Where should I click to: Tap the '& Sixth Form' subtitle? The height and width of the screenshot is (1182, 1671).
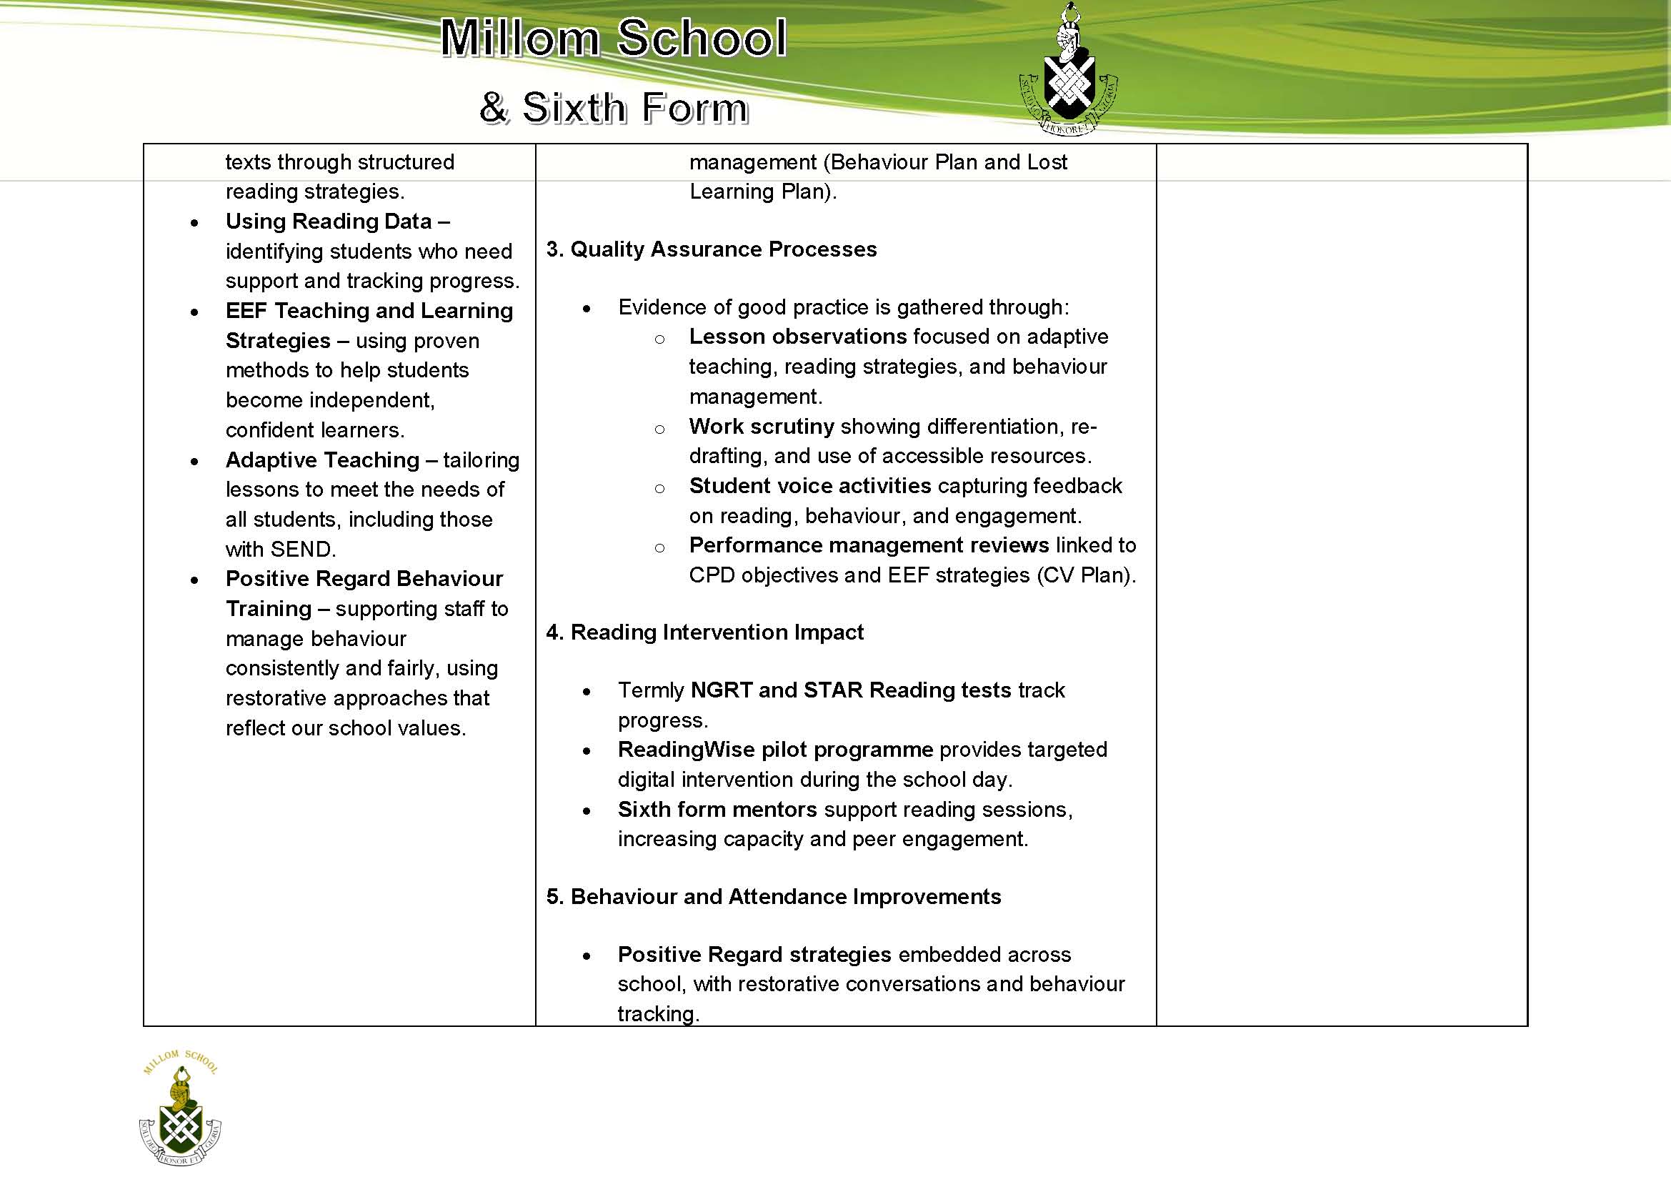pyautogui.click(x=614, y=108)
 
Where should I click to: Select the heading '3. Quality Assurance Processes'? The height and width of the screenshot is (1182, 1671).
pyautogui.click(x=711, y=249)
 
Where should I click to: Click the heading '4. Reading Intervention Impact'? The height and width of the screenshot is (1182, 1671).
pyautogui.click(x=704, y=632)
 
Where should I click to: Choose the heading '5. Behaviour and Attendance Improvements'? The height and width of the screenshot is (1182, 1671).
pyautogui.click(x=774, y=897)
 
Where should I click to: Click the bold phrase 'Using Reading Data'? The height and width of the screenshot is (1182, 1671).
pyautogui.click(x=329, y=222)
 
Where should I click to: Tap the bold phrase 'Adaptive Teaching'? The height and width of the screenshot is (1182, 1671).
pyautogui.click(x=322, y=460)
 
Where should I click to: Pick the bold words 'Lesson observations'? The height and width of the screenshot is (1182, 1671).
pyautogui.click(x=798, y=337)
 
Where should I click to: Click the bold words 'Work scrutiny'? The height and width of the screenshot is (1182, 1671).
pyautogui.click(x=762, y=427)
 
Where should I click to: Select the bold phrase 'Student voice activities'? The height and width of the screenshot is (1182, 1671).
pyautogui.click(x=810, y=486)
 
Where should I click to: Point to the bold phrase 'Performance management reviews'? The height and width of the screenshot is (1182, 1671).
pyautogui.click(x=869, y=546)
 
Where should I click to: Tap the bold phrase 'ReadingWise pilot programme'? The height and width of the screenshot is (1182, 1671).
pyautogui.click(x=775, y=750)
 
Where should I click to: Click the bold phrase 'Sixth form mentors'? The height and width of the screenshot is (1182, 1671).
pyautogui.click(x=717, y=810)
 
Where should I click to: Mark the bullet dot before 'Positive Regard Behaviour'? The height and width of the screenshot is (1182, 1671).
pyautogui.click(x=194, y=580)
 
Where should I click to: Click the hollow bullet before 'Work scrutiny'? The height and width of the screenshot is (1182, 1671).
pyautogui.click(x=659, y=429)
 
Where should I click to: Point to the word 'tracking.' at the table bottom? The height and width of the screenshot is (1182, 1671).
pyautogui.click(x=658, y=1014)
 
